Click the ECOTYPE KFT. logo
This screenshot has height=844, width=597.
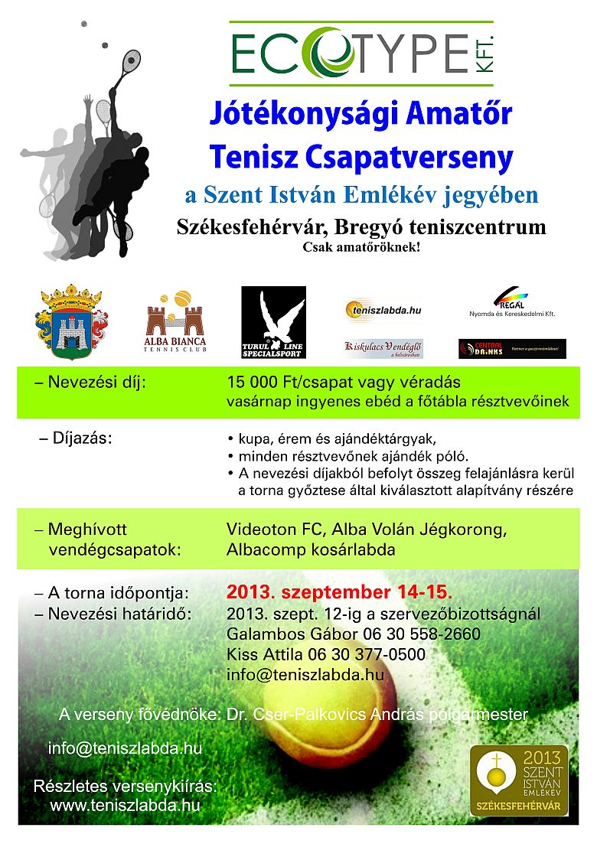pos(362,53)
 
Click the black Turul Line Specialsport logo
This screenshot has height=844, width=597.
pos(273,322)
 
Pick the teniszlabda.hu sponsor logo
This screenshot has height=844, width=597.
pos(383,310)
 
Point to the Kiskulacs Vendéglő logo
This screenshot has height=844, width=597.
pos(383,348)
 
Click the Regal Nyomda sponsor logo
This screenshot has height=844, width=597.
pos(512,302)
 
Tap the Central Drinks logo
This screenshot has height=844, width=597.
pos(512,349)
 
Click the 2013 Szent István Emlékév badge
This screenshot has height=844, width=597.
pos(519,780)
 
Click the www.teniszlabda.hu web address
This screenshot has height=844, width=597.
pos(125,805)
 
